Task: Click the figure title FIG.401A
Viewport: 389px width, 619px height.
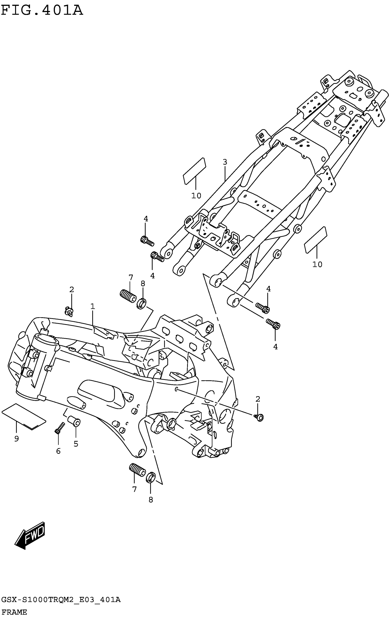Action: (42, 11)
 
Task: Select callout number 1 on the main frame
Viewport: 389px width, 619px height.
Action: (92, 306)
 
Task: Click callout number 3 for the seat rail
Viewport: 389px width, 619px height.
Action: (225, 162)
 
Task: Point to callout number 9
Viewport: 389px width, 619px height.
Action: (16, 439)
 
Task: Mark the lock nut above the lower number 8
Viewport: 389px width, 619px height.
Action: (150, 477)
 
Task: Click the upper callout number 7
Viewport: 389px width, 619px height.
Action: (131, 278)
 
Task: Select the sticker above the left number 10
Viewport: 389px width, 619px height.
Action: (195, 171)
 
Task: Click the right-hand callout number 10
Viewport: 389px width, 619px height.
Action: (317, 264)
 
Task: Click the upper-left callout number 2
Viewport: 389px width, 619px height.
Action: (72, 289)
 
